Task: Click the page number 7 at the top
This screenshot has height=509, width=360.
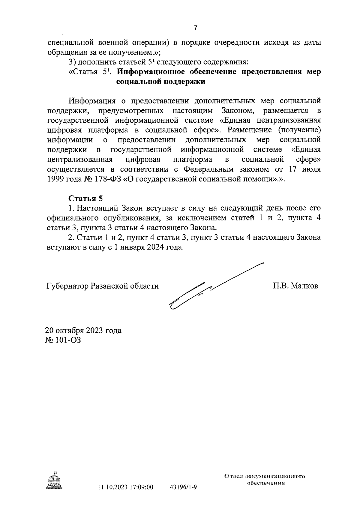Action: click(196, 28)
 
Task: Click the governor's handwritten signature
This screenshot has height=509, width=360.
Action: click(210, 288)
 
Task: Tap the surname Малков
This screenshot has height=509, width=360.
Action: click(304, 286)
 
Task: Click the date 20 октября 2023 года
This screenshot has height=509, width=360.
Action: click(83, 331)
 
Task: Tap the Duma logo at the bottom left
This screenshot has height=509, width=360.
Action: click(54, 480)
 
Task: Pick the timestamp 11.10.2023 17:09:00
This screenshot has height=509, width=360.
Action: click(125, 487)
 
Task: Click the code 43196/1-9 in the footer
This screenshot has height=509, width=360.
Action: click(183, 487)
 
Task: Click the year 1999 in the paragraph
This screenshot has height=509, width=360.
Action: click(57, 179)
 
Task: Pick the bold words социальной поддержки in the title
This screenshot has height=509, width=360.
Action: click(160, 82)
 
